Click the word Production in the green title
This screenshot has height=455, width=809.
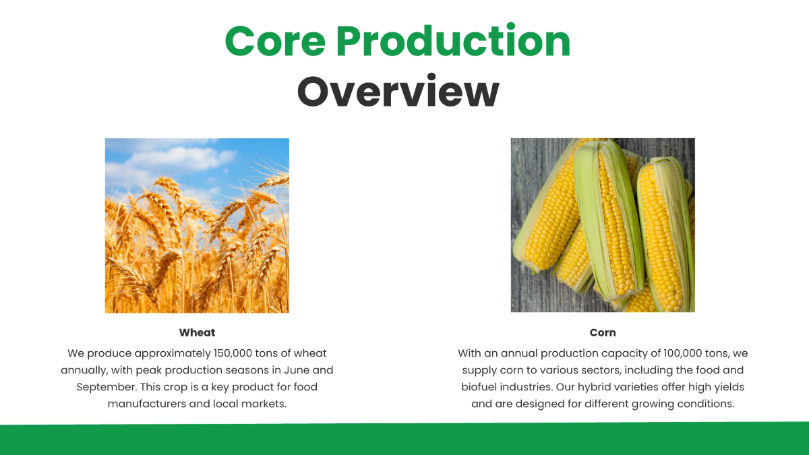tap(453, 41)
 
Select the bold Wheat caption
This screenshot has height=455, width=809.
tap(197, 332)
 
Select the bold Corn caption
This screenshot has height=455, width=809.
tap(603, 332)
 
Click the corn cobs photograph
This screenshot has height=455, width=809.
tap(603, 225)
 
